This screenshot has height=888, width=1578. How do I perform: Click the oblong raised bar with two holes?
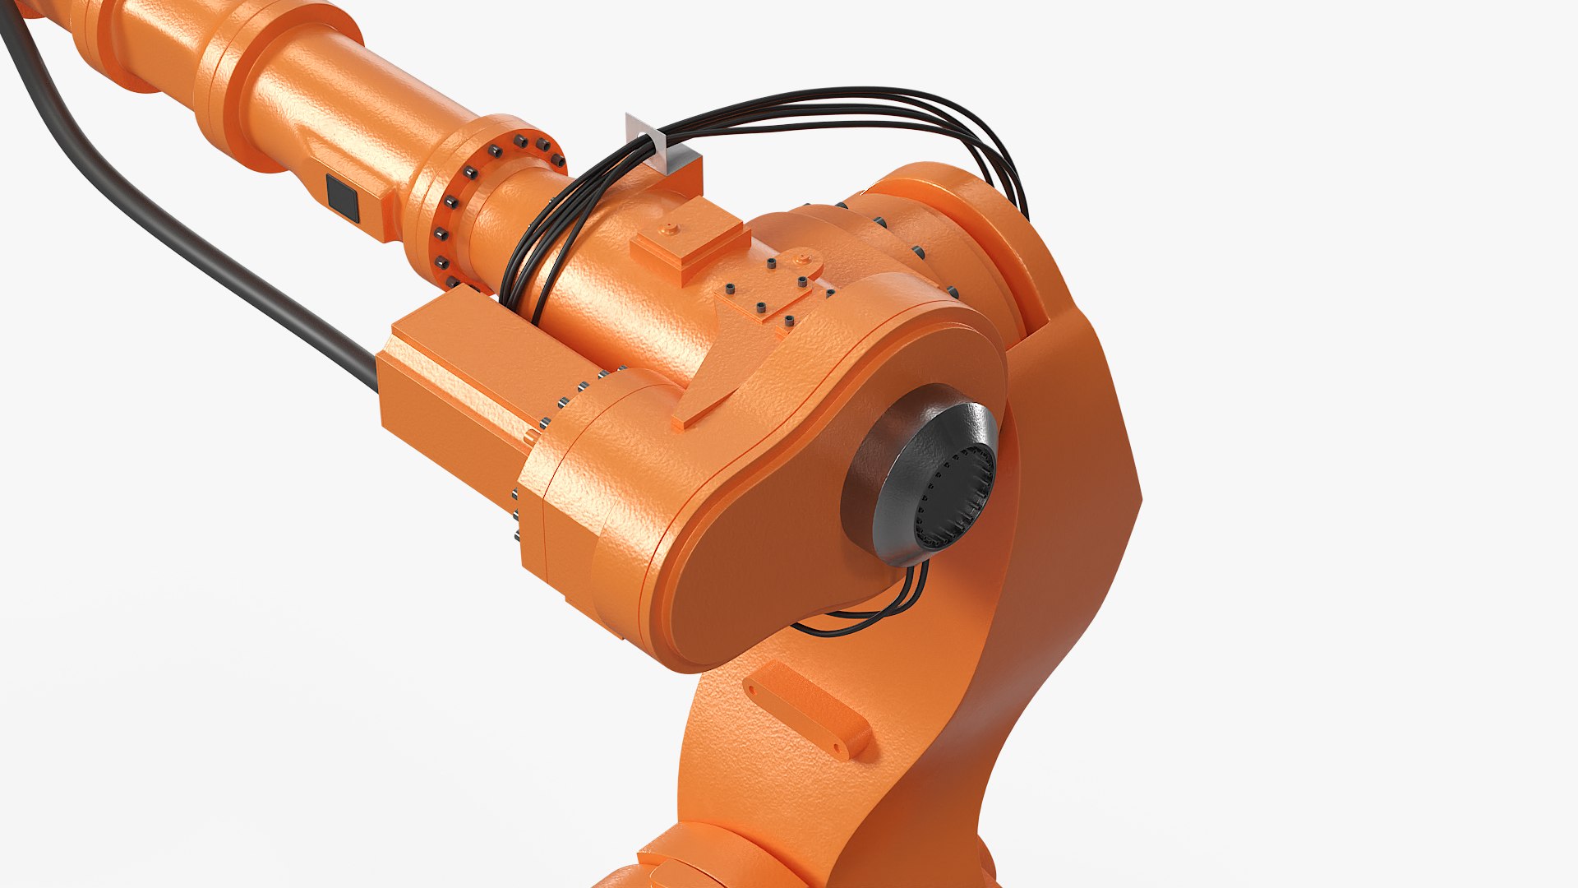tap(805, 710)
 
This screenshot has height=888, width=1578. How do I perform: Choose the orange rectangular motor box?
tap(460, 386)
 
